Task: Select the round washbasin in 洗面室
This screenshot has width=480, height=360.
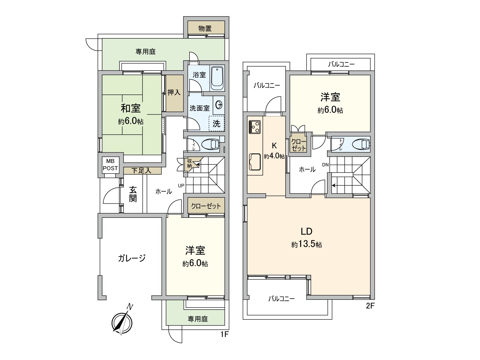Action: tap(219, 105)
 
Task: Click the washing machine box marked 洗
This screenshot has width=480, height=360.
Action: tap(217, 124)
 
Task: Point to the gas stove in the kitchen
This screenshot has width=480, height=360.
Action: tap(254, 127)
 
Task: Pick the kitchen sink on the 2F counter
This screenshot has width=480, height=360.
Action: tap(255, 162)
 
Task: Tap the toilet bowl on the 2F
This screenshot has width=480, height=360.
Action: tap(361, 144)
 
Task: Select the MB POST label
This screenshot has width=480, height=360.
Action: tap(110, 165)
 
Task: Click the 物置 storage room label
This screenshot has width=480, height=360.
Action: tap(205, 28)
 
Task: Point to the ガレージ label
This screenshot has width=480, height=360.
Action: tap(132, 258)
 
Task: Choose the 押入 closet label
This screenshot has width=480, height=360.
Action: tap(174, 92)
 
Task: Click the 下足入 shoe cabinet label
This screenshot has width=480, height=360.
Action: tap(141, 171)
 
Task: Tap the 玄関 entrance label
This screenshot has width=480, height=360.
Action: tap(133, 194)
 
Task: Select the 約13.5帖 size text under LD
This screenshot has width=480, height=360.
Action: tap(306, 244)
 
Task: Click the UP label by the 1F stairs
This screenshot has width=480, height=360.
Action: tap(181, 186)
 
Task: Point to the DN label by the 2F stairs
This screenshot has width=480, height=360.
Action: tap(325, 165)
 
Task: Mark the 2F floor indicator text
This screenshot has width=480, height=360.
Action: tap(370, 306)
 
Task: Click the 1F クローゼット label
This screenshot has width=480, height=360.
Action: tap(206, 206)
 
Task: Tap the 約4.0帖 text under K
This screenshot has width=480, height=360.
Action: tap(274, 156)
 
